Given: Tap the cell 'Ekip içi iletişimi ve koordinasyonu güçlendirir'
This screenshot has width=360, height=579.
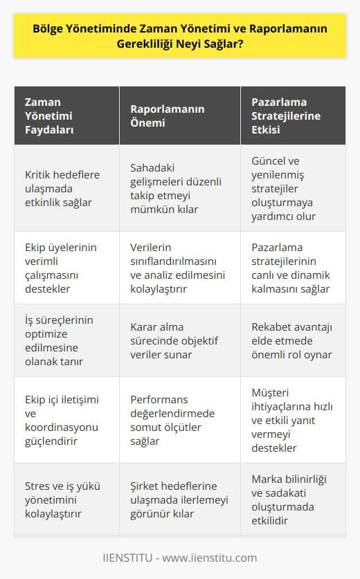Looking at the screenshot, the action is pyautogui.click(x=60, y=420).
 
